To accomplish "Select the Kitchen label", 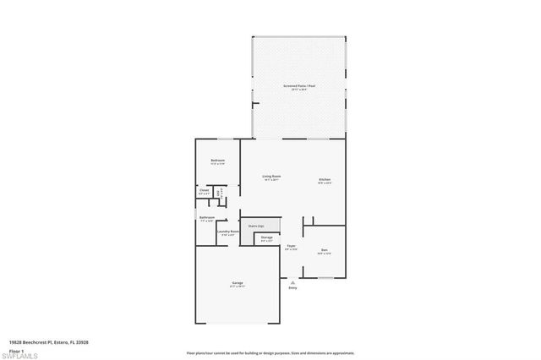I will click(325, 180).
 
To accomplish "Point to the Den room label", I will click(324, 250).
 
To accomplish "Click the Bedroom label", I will click(217, 161).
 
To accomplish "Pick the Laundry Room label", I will click(228, 232).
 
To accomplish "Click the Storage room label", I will click(266, 238).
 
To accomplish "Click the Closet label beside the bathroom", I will click(204, 191).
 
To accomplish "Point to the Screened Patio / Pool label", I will click(299, 86).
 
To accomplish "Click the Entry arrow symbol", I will click(292, 281).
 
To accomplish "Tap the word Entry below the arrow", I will click(292, 288).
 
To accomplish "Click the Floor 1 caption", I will click(17, 349).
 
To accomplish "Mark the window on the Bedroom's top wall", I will click(225, 139).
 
